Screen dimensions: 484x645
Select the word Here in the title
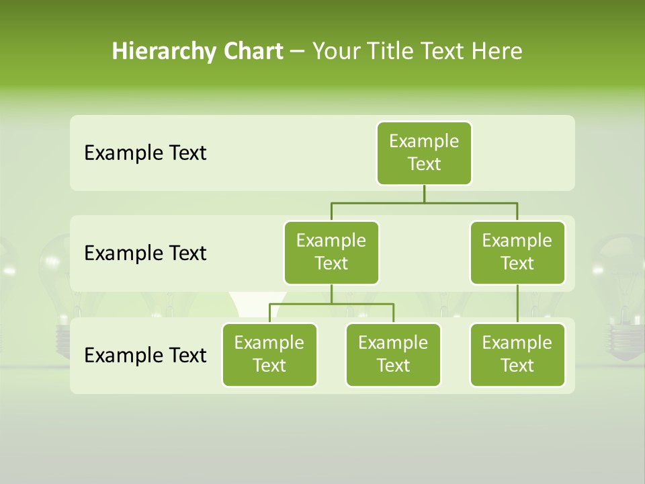click(x=497, y=52)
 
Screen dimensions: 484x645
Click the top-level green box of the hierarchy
click(x=424, y=153)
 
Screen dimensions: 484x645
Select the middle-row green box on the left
click(x=331, y=252)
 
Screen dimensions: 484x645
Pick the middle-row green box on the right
click(x=517, y=252)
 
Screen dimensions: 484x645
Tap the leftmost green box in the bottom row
click(x=269, y=354)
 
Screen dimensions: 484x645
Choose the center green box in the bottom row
click(x=393, y=354)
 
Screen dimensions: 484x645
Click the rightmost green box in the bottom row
click(x=517, y=354)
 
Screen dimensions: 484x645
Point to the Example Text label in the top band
click(x=145, y=153)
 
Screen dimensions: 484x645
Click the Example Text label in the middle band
click(x=145, y=253)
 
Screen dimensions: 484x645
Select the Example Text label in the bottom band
click(x=145, y=355)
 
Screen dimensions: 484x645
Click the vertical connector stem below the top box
click(x=424, y=194)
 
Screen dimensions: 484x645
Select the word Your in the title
click(x=335, y=52)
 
